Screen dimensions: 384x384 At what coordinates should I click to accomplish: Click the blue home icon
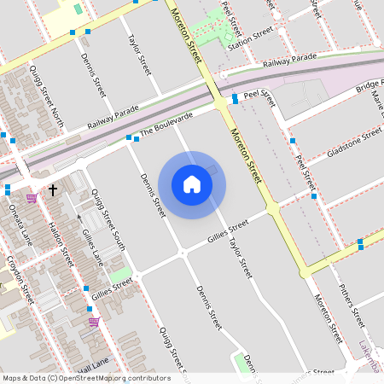(192, 183)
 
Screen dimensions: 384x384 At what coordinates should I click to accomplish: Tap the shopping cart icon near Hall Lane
(94, 322)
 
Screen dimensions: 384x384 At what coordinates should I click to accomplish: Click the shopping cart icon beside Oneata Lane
(32, 198)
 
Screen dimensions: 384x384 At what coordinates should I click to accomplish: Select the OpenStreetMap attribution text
(86, 378)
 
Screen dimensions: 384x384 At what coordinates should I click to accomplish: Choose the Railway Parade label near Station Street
(289, 61)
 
